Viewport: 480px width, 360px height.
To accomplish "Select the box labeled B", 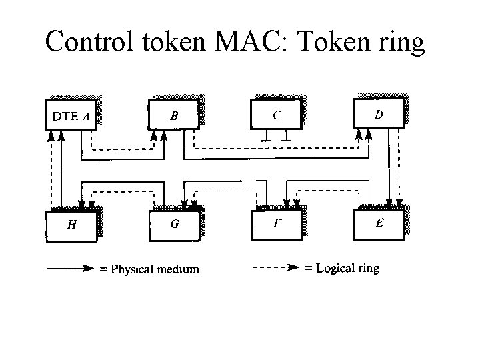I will pyautogui.click(x=174, y=115).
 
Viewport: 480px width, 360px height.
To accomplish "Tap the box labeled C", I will pyautogui.click(x=276, y=113).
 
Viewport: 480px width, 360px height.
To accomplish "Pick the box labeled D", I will pyautogui.click(x=378, y=113).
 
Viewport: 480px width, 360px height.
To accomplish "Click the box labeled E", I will pyautogui.click(x=379, y=224).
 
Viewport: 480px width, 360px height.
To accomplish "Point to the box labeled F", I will pyautogui.click(x=276, y=225).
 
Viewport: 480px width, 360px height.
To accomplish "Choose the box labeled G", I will pyautogui.click(x=174, y=225).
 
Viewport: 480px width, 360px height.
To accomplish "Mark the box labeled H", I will pyautogui.click(x=71, y=225).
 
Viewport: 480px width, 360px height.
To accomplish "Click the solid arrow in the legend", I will pyautogui.click(x=69, y=269).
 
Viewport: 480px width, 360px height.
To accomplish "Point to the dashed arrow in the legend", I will pyautogui.click(x=274, y=269).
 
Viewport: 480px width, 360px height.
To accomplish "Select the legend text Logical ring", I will pyautogui.click(x=347, y=269).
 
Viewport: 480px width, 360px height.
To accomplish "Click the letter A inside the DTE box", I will pyautogui.click(x=85, y=115).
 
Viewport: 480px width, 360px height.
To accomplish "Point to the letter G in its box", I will pyautogui.click(x=174, y=225).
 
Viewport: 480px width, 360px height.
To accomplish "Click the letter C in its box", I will pyautogui.click(x=276, y=114).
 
